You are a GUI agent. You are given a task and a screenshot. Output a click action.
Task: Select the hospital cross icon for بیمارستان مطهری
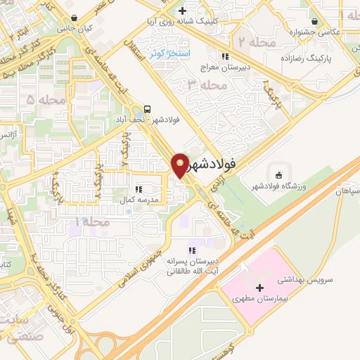(x=260, y=288)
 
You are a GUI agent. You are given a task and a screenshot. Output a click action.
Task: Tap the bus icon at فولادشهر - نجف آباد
(x=148, y=109)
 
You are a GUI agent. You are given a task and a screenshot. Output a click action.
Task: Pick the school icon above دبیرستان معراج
(x=224, y=56)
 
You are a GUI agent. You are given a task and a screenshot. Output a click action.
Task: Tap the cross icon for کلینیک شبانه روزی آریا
(x=182, y=11)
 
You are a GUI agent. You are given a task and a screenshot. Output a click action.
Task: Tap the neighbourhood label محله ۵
(x=40, y=101)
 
